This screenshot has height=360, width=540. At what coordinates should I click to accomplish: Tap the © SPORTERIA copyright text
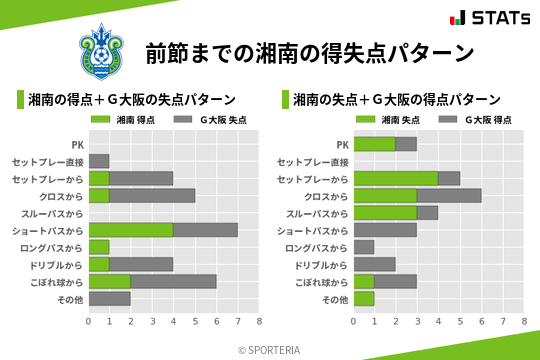click(x=270, y=349)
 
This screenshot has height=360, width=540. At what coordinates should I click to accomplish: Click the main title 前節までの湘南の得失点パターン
click(x=309, y=53)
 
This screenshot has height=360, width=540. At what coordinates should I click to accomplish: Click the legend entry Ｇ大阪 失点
click(x=211, y=120)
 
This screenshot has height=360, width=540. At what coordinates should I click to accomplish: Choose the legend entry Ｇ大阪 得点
click(x=476, y=120)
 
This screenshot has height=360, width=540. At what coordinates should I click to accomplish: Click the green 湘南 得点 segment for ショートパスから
click(x=131, y=230)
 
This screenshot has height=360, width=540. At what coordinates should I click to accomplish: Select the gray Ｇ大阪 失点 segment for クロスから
click(x=152, y=195)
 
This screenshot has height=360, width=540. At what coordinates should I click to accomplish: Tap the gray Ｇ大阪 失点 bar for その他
click(x=110, y=298)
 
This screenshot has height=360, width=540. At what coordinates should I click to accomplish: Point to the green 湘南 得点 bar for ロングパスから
click(x=99, y=247)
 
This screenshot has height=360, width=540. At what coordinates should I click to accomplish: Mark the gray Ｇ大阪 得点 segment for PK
click(x=407, y=144)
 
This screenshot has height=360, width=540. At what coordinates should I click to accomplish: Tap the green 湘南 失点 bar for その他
click(x=364, y=298)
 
